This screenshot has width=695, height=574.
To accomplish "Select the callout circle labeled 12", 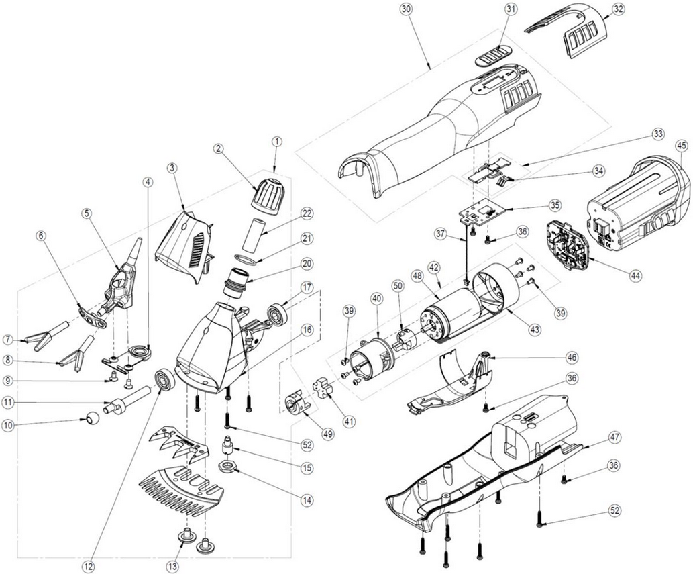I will [87, 565].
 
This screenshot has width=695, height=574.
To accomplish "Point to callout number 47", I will [614, 437].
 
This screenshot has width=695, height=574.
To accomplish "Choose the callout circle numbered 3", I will [172, 168].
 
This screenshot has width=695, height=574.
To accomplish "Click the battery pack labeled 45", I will [637, 201].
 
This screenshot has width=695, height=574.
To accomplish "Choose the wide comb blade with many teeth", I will [180, 493].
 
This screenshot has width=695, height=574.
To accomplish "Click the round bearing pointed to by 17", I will [276, 313].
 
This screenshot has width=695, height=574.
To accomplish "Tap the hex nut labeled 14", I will [229, 465].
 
